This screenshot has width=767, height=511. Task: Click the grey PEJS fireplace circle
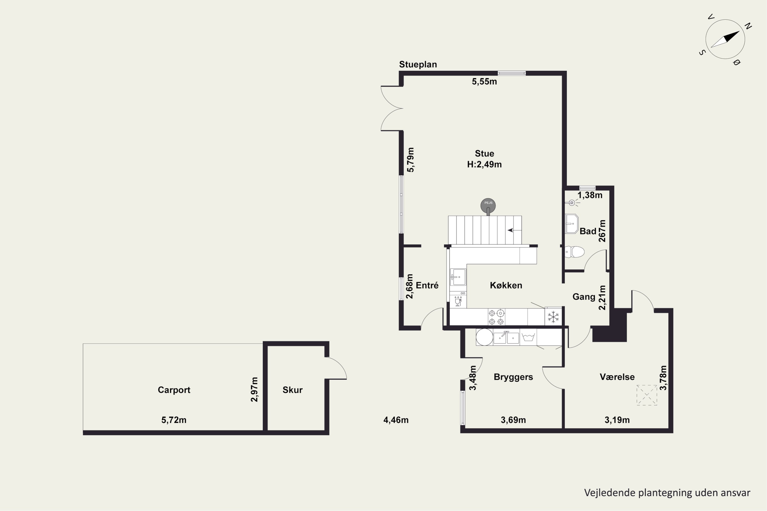[x=488, y=206]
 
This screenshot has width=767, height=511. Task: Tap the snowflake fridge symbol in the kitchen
[x=553, y=317]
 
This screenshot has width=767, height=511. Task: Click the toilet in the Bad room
[x=574, y=252]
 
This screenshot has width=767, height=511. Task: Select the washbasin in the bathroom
[x=571, y=224]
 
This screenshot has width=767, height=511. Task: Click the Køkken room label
[x=506, y=285]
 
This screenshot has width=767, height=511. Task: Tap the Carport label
[x=174, y=390]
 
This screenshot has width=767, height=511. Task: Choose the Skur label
[x=292, y=390]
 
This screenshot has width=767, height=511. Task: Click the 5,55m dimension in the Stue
[x=484, y=82]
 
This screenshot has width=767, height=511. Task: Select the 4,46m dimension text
[x=396, y=420]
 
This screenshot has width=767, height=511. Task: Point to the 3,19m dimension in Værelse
[x=617, y=420]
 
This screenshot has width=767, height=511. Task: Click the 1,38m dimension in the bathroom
[x=590, y=195]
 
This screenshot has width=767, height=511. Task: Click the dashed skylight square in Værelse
[x=647, y=395]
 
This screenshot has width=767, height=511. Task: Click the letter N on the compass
[x=748, y=26]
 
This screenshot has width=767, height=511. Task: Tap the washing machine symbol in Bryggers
[x=528, y=337]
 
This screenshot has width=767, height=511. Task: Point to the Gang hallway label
[x=584, y=297]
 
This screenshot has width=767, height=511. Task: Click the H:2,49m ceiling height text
[x=484, y=165]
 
